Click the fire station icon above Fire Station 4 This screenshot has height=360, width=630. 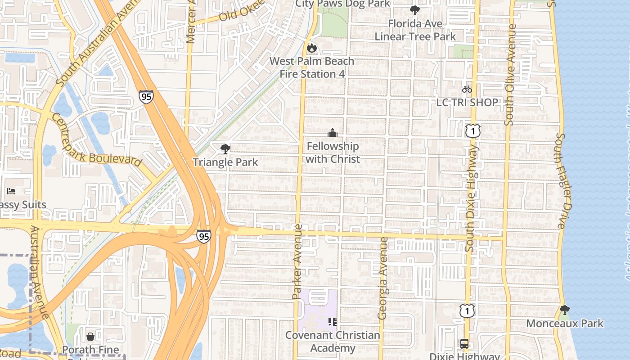click(311, 48)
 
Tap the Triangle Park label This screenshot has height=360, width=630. click(225, 162)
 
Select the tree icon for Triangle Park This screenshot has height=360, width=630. click(225, 148)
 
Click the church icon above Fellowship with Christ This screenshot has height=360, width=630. click(333, 133)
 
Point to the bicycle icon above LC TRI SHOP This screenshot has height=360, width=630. click(467, 89)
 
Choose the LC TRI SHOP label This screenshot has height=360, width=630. click(467, 102)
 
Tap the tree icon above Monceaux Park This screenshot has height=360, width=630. click(564, 310)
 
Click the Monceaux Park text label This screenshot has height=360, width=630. click(565, 323)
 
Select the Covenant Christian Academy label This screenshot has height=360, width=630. click(333, 342)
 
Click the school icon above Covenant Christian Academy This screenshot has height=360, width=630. click(333, 321)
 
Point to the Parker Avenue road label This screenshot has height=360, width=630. click(297, 261)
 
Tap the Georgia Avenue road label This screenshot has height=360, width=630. click(383, 278)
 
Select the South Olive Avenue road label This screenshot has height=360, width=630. click(510, 75)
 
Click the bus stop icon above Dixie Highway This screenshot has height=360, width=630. click(464, 344)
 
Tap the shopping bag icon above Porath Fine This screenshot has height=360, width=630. click(90, 337)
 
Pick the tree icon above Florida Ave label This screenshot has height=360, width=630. click(415, 10)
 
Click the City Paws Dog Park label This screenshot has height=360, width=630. click(343, 4)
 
